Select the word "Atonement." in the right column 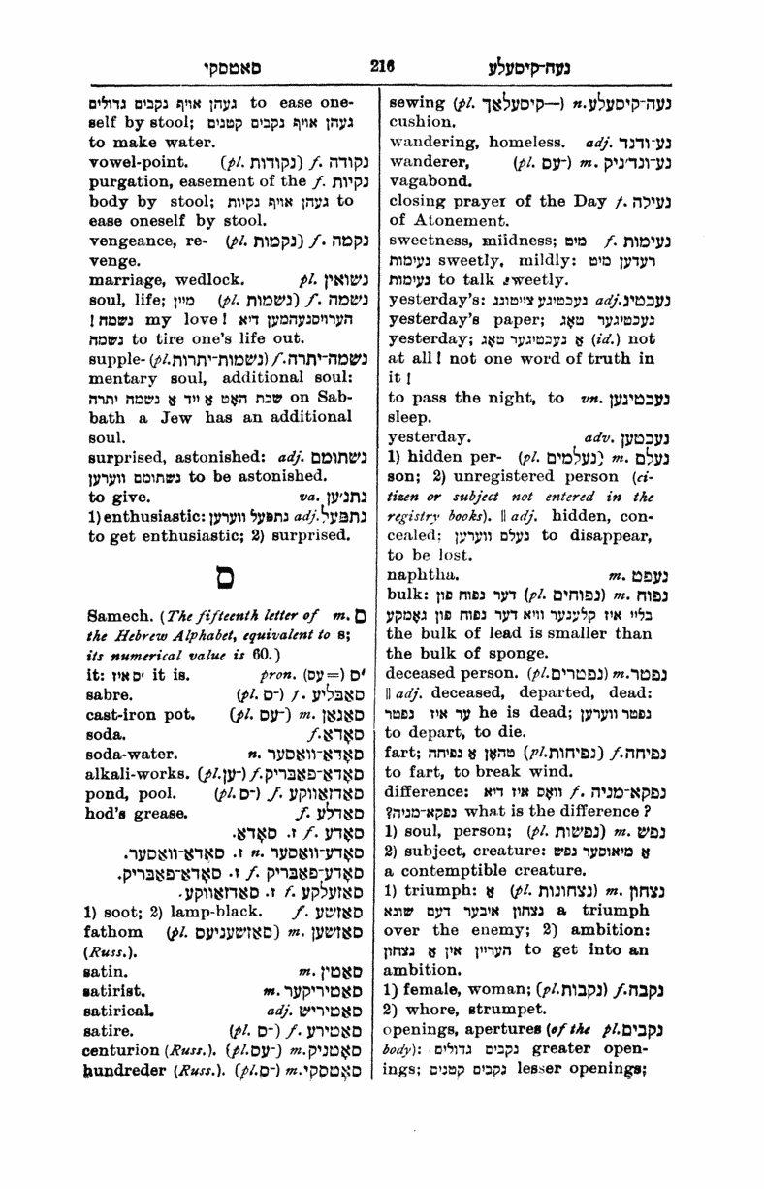pyautogui.click(x=445, y=221)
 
